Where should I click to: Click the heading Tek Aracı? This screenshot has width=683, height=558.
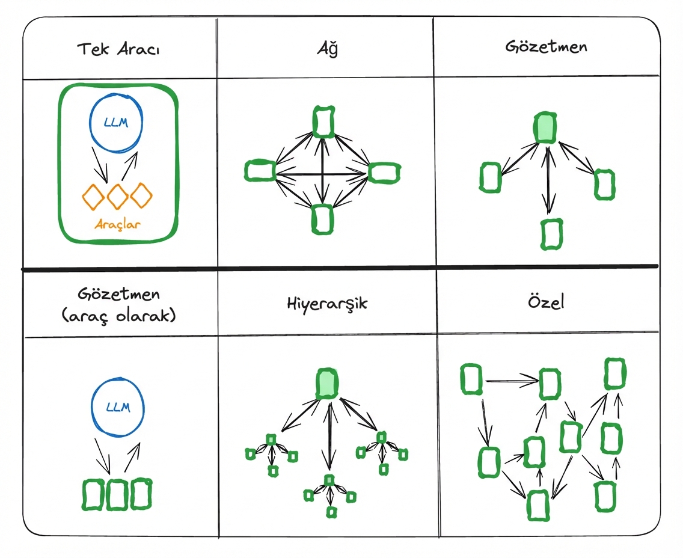pos(118,49)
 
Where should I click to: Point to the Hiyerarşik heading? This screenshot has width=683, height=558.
pos(327,302)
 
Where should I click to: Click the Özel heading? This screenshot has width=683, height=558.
pos(547,302)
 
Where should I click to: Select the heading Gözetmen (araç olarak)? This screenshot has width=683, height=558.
pos(118,304)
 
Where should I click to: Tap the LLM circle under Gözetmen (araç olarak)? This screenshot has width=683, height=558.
pos(118,407)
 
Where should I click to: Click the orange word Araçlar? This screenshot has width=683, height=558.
pos(118,225)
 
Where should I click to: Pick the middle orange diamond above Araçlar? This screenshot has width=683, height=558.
pos(118,196)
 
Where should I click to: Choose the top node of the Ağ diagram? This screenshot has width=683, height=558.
pos(323,122)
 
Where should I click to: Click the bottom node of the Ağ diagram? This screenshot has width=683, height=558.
pos(322,219)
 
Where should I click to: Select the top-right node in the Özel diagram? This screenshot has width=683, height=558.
pos(614,373)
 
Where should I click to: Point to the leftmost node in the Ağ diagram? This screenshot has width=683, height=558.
pos(260,171)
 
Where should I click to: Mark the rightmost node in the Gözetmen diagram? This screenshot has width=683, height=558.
pos(604,184)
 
